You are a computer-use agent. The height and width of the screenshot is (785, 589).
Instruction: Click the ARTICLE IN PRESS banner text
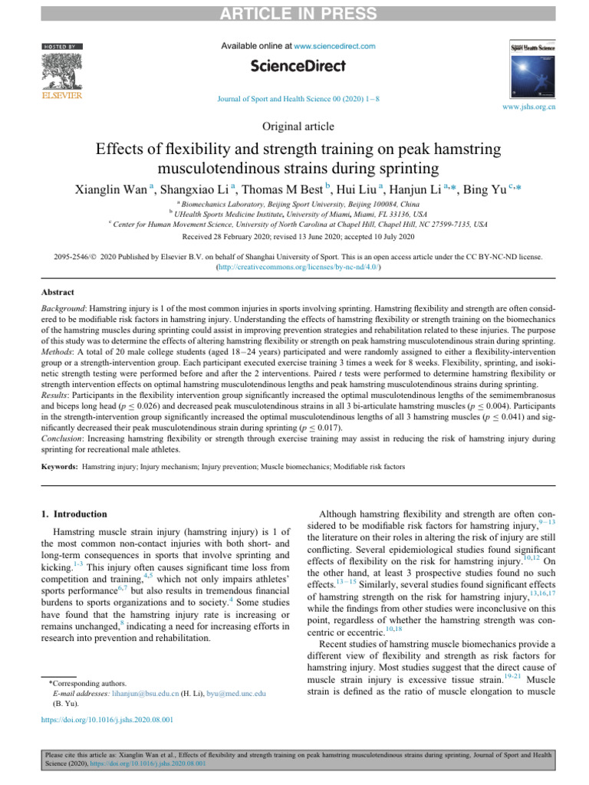pos(294,14)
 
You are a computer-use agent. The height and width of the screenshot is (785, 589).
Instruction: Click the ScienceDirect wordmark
pos(294,68)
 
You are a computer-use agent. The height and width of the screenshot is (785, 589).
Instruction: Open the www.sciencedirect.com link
pos(334,46)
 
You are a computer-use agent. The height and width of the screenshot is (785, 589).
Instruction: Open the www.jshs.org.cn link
pos(529,108)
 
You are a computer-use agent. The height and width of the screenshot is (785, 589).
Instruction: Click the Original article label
pos(294,125)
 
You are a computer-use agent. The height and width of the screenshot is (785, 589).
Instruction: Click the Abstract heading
pos(58,293)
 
